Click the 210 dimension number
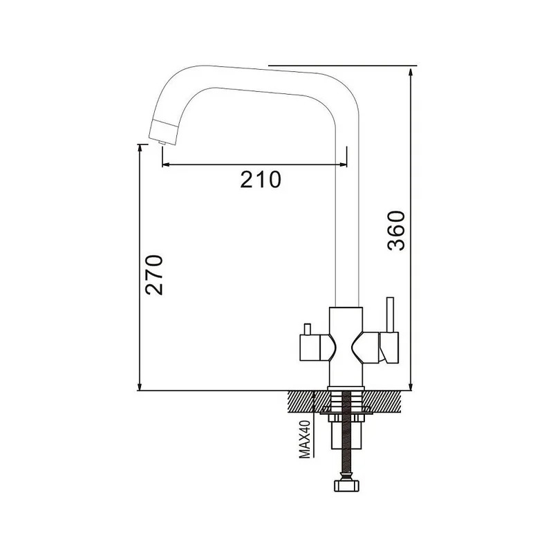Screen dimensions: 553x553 pyautogui.click(x=261, y=179)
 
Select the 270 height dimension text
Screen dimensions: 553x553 pyautogui.click(x=154, y=274)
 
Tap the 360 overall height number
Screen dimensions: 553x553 pyautogui.click(x=396, y=231)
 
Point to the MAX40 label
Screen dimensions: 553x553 pyautogui.click(x=304, y=439)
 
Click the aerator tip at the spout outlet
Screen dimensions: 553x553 pyautogui.click(x=162, y=142)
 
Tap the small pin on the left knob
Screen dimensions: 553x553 pyautogui.click(x=308, y=329)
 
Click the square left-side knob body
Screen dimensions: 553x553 pyautogui.click(x=310, y=348)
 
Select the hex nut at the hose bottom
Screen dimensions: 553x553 pyautogui.click(x=346, y=485)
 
